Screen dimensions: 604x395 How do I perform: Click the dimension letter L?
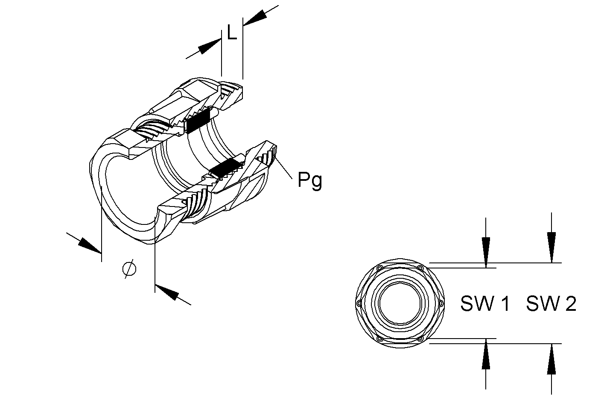coord(232,32)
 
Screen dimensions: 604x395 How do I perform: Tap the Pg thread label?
coord(310,181)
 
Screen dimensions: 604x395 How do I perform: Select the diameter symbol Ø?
coord(129,269)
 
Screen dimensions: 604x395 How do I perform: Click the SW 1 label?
coord(484,304)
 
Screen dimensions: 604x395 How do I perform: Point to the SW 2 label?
coord(551,304)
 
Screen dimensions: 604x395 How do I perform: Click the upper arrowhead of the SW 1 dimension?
coord(486,252)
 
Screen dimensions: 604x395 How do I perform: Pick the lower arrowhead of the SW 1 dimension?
coord(486,354)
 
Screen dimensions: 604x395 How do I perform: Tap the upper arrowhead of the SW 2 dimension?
coord(551,247)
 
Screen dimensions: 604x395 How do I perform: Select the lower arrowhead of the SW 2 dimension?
coord(551,359)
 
